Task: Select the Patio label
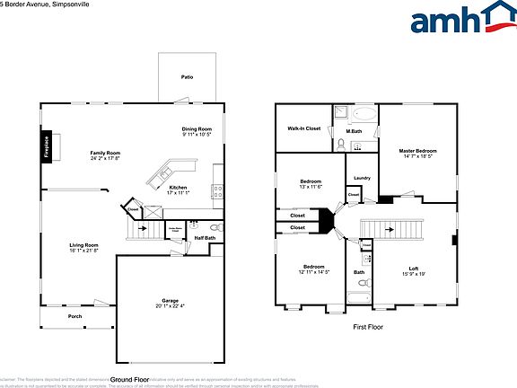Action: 188,77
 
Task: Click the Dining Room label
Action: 197,131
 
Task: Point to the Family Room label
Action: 105,155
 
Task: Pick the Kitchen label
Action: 178,190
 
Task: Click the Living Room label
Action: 84,247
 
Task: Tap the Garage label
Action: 170,303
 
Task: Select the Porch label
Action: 74,315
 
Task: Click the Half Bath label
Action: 204,238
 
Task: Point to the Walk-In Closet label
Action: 303,128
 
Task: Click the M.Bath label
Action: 354,132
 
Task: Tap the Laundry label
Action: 362,178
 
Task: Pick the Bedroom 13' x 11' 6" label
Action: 311,184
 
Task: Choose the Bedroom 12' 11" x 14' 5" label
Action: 313,269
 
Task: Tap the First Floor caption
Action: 368,327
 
